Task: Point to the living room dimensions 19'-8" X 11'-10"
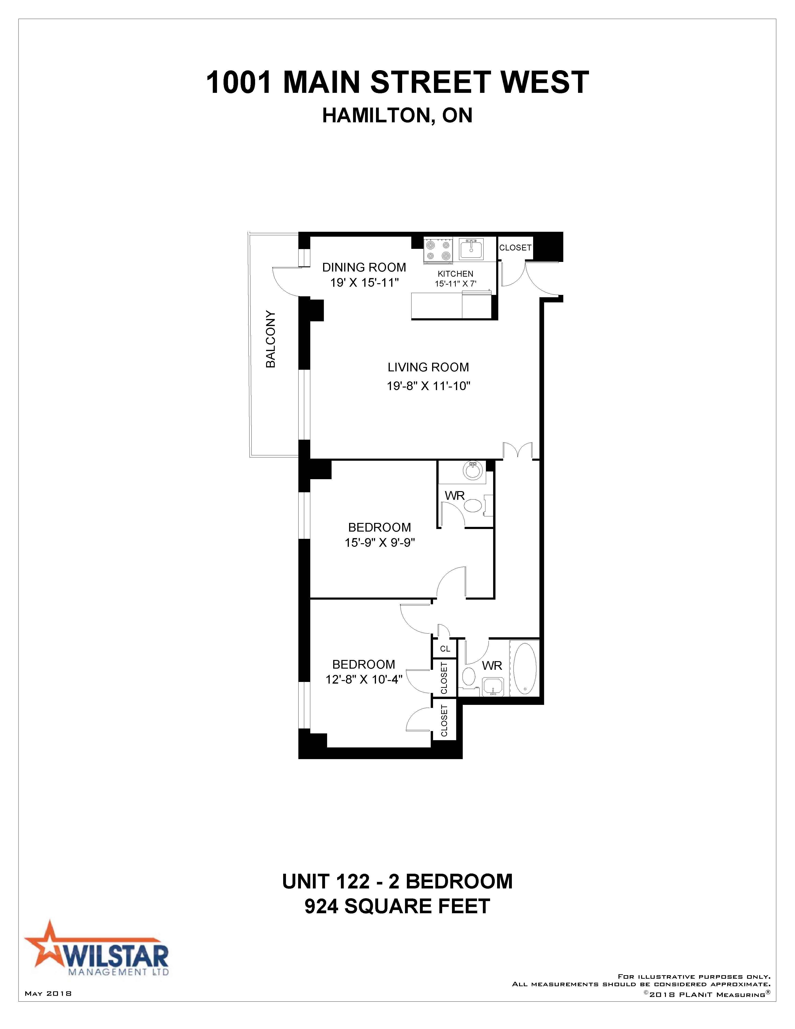[429, 386]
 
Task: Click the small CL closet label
[445, 649]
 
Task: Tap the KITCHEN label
[455, 274]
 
